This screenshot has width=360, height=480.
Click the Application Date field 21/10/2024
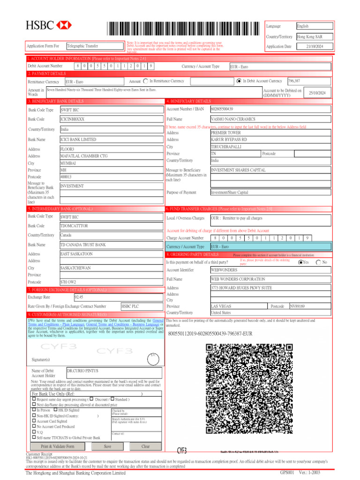pyautogui.click(x=315, y=46)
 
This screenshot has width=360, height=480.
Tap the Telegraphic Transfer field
pyautogui.click(x=94, y=46)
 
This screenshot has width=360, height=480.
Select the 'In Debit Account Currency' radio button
pyautogui.click(x=239, y=81)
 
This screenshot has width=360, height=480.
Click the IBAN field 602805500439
pyautogui.click(x=270, y=109)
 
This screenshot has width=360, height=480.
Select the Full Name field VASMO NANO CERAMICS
pyautogui.click(x=270, y=119)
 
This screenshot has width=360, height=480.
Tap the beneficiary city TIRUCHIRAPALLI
pyautogui.click(x=270, y=147)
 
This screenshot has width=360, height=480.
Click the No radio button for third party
pyautogui.click(x=319, y=262)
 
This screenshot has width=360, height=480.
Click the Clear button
pyautogui.click(x=146, y=447)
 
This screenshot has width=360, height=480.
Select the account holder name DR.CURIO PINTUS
pyautogui.click(x=114, y=373)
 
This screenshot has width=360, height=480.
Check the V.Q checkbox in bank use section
pyautogui.click(x=34, y=432)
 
